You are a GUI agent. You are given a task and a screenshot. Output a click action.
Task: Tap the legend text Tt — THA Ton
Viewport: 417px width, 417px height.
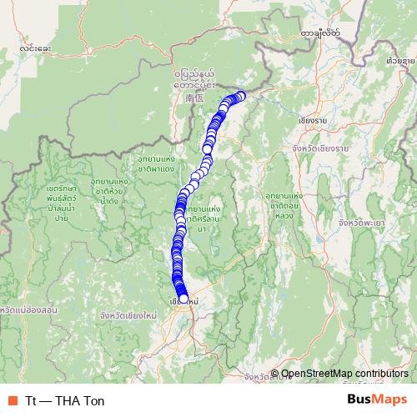point(65,400)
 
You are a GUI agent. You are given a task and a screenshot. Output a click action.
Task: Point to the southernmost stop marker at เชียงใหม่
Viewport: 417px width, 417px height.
point(183,299)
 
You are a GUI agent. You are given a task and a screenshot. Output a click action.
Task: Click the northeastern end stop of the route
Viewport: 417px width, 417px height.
point(242,96)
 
